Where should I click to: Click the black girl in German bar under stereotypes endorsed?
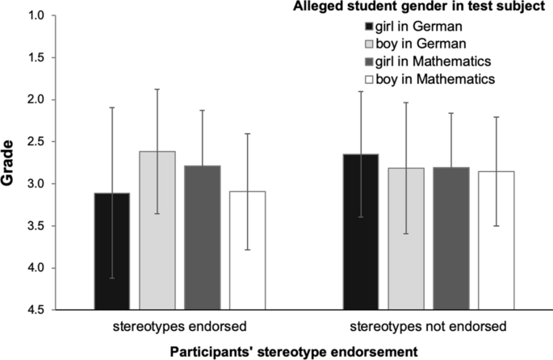tap(112, 251)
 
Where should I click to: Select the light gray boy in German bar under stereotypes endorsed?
tap(157, 230)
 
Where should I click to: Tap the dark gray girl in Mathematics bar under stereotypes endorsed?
tap(202, 237)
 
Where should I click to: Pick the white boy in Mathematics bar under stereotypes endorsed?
tap(247, 250)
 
